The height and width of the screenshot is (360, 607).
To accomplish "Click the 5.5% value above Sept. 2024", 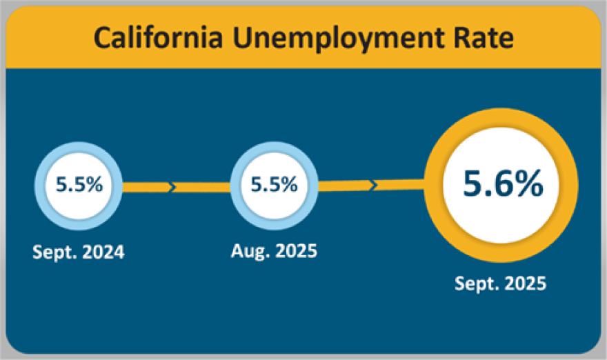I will click(80, 186).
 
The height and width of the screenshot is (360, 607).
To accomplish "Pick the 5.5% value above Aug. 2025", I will click(275, 185).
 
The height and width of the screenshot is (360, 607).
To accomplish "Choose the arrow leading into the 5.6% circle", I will click(372, 186).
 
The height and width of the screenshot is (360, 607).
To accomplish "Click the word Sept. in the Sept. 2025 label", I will click(475, 283).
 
